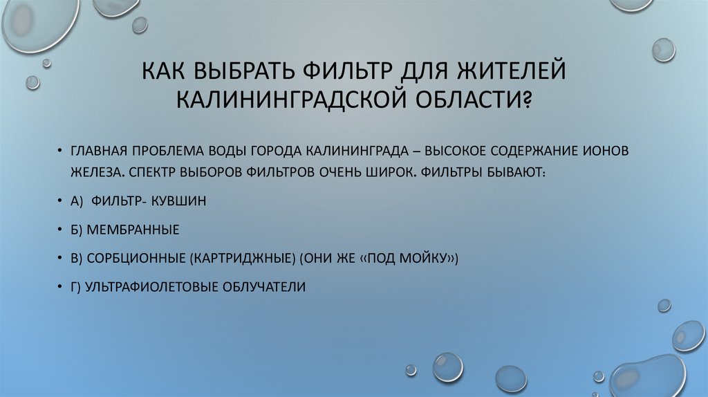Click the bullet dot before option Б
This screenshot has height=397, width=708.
61,230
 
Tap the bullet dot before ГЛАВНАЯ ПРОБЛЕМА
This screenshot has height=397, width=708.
61,151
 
